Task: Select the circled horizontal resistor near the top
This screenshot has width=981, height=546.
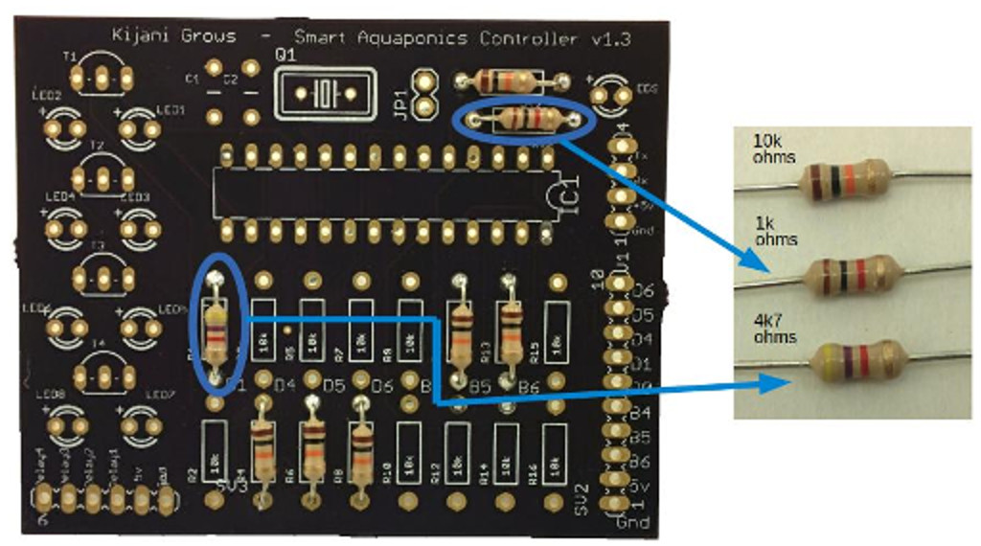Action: coord(522,120)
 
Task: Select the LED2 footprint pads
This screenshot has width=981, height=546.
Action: coord(65,125)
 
